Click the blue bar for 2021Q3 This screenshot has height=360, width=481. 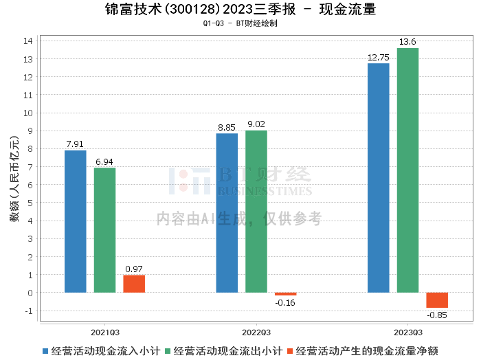coord(76,221)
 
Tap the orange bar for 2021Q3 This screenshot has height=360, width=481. coord(134,284)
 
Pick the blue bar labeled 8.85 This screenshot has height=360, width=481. coord(227,213)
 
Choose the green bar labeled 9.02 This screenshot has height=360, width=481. coord(256,212)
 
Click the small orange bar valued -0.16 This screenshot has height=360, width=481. coord(286,294)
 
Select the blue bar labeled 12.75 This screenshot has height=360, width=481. coord(379,178)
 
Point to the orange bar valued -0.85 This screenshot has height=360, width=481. coord(437,300)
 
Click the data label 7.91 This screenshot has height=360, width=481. coord(76,144)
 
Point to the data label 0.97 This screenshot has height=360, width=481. coord(134,269)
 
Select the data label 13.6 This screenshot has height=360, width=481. coord(407,42)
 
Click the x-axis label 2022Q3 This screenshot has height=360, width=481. coord(256,330)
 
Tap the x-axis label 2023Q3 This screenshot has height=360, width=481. coord(407,330)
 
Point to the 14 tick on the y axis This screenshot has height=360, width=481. coord(29,41)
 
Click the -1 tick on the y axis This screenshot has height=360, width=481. coord(29,311)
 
